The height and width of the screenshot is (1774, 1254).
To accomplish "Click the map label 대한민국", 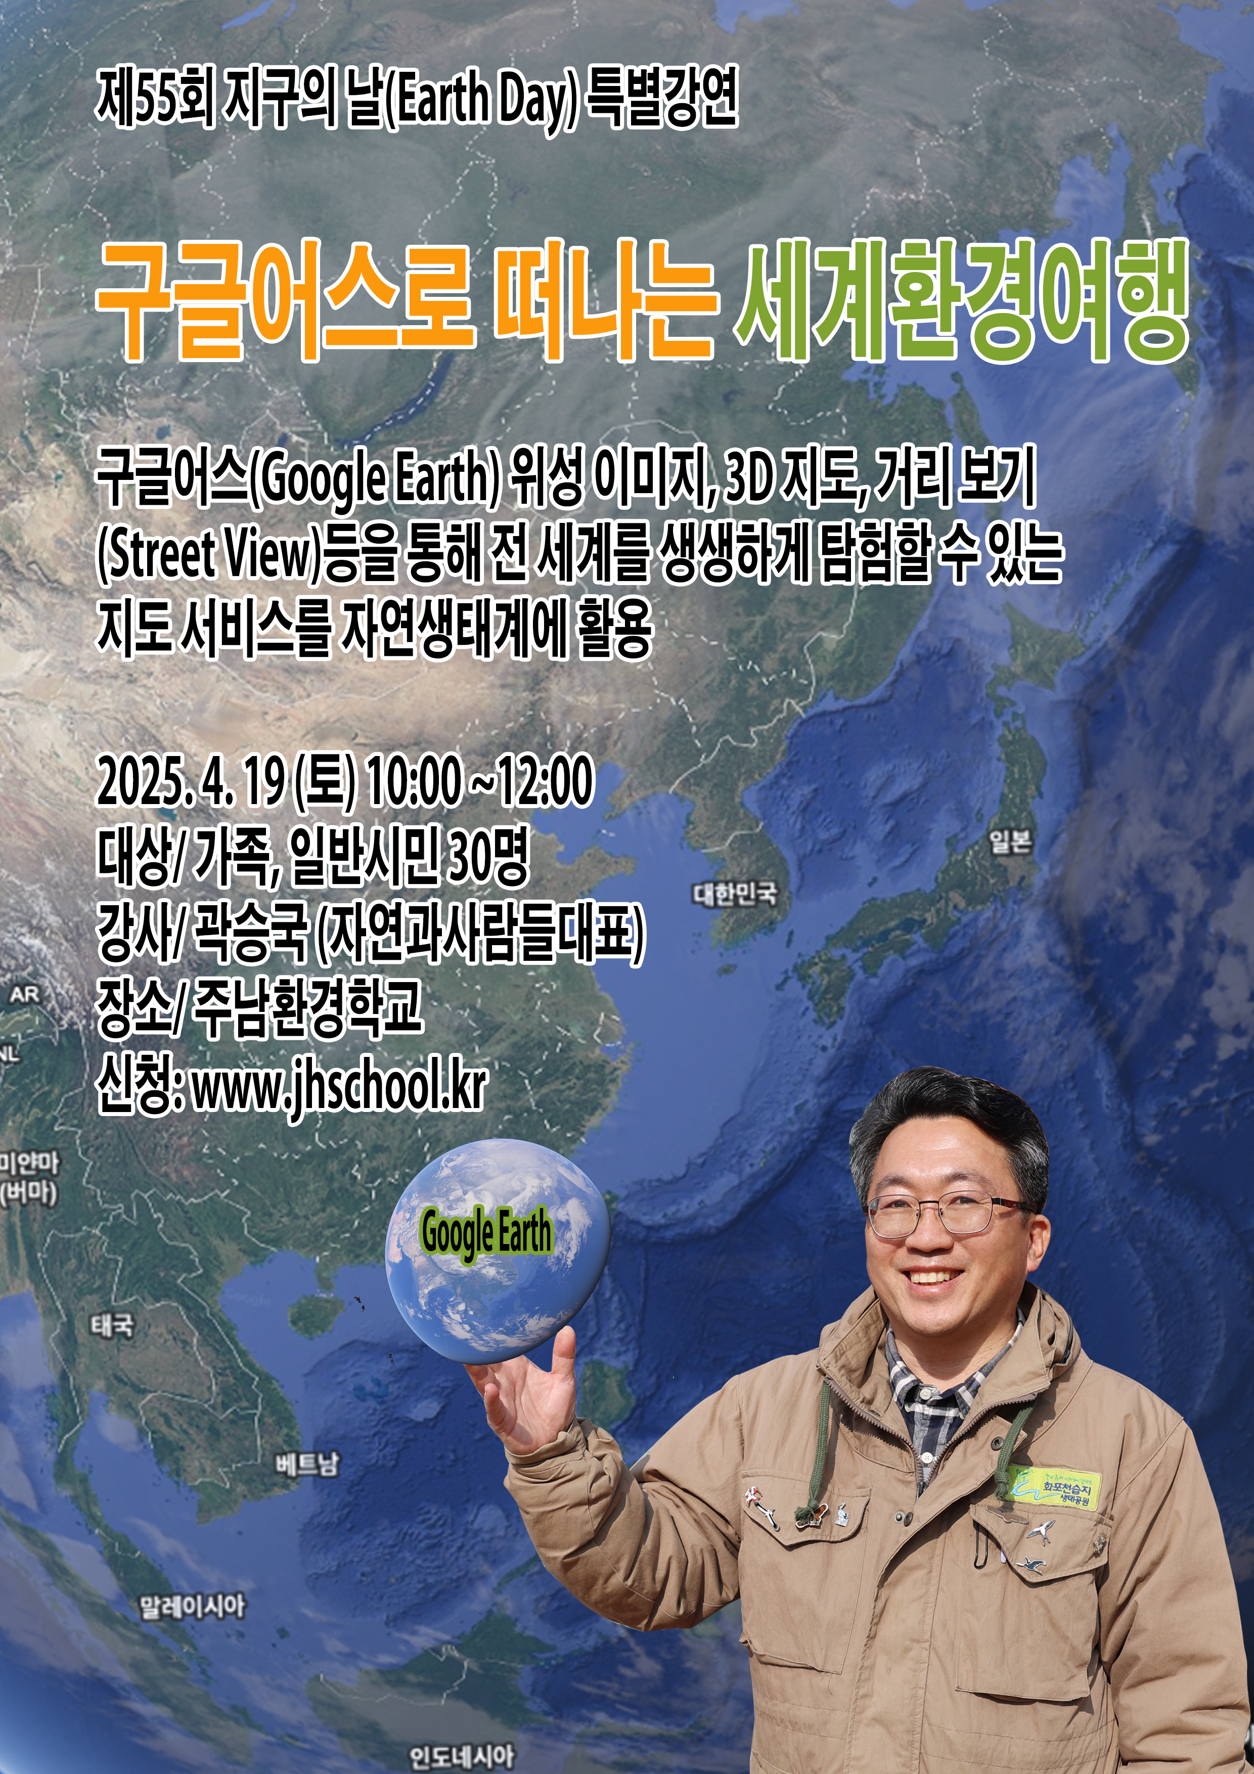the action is (x=735, y=894).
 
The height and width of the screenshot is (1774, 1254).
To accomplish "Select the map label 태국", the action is (x=113, y=1326).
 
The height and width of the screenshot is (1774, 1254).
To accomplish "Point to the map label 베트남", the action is (x=307, y=1463).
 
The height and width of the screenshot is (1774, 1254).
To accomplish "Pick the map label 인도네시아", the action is (x=461, y=1756).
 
